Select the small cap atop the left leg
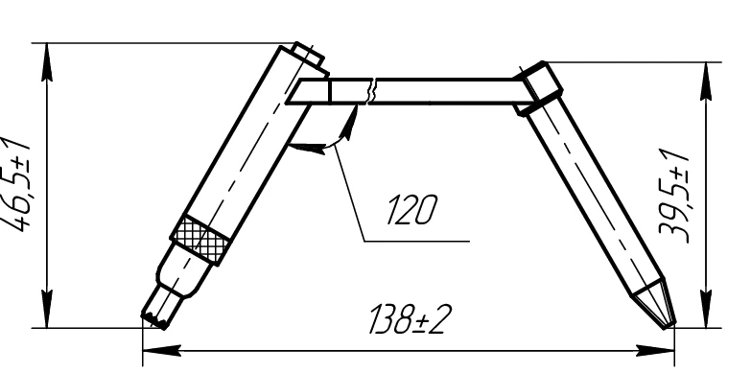point(308,54)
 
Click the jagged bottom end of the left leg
point(156,308)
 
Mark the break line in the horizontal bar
point(372,91)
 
